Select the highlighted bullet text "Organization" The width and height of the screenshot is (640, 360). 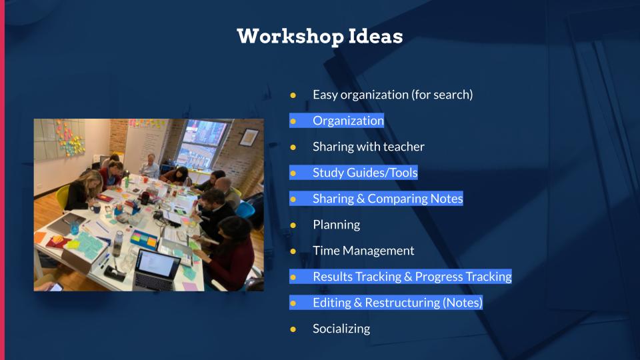348,121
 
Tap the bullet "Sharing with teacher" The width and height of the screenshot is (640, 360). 368,147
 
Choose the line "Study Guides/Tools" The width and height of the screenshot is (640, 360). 365,173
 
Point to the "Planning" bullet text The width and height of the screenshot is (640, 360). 336,225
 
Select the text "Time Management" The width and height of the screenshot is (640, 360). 363,251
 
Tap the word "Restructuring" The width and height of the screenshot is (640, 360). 402,303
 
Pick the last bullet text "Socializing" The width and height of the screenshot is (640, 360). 341,329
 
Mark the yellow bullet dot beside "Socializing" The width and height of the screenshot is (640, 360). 292,329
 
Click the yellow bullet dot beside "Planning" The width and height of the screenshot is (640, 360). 292,225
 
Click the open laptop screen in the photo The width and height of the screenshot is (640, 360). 157,263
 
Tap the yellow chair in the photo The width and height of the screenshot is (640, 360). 63,195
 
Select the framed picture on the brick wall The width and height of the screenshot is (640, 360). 249,137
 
